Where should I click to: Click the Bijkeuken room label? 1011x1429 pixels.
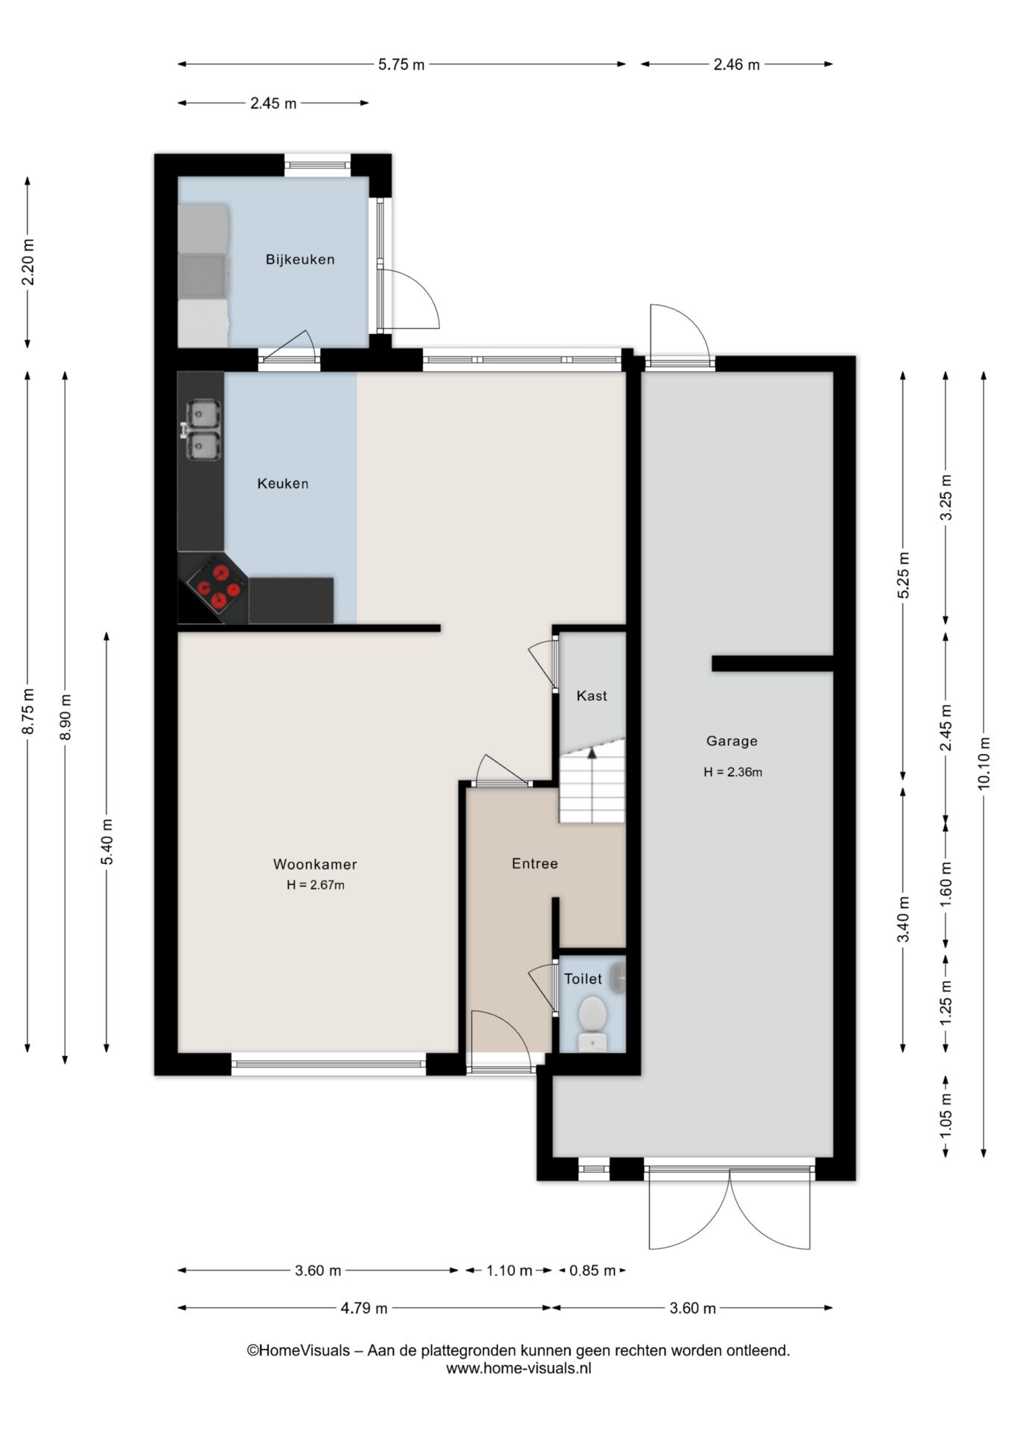click(300, 260)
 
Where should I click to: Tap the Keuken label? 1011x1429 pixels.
click(283, 484)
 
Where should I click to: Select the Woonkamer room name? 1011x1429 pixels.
click(315, 864)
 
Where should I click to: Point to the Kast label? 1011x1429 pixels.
click(592, 696)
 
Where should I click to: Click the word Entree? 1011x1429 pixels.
click(535, 863)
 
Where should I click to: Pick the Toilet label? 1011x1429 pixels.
click(583, 979)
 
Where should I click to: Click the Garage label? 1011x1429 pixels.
click(732, 741)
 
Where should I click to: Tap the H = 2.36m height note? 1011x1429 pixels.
click(733, 772)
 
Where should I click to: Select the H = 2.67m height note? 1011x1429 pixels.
click(316, 885)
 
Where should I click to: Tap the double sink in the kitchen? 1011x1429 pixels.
click(202, 429)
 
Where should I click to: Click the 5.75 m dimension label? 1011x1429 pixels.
click(401, 65)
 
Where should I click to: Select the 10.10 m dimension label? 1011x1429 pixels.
click(984, 763)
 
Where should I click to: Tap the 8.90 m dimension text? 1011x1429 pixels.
click(66, 717)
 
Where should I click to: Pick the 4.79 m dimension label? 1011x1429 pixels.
click(364, 1308)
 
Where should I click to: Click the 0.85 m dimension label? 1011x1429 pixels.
click(593, 1270)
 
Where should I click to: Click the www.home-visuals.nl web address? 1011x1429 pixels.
click(519, 1368)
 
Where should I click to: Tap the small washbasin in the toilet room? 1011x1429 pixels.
click(617, 978)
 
